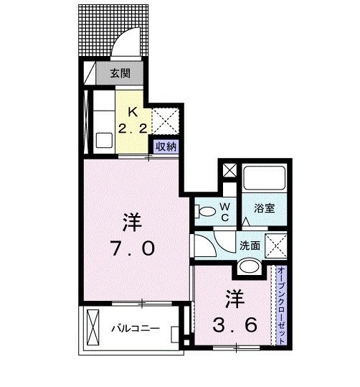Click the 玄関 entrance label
(120, 73)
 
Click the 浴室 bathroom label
(264, 208)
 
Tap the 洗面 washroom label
(250, 245)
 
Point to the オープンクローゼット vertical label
(283, 304)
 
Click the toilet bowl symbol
(205, 211)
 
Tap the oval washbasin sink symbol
(250, 267)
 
